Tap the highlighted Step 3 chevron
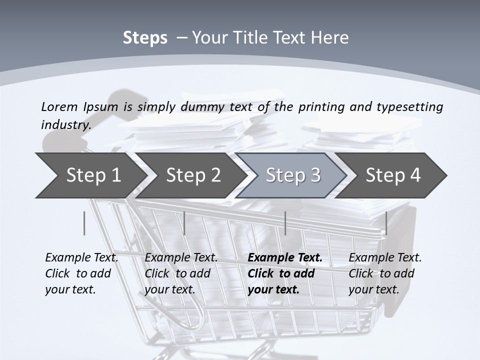click(293, 175)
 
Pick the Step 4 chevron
click(393, 175)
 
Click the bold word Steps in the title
click(145, 37)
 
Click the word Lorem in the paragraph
click(59, 106)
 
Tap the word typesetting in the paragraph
click(409, 106)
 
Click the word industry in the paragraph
click(65, 124)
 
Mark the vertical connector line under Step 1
click(84, 223)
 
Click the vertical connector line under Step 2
click(184, 223)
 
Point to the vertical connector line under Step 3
click(285, 223)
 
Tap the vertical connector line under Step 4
click(386, 223)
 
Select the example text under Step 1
click(81, 273)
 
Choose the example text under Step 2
click(181, 273)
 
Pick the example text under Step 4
click(385, 273)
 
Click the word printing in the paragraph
click(318, 106)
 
